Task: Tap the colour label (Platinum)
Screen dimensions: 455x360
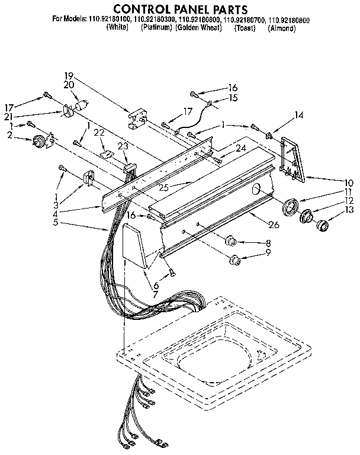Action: (x=156, y=28)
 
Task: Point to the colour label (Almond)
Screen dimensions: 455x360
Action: (x=281, y=28)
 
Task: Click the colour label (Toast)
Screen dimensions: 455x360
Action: (x=245, y=28)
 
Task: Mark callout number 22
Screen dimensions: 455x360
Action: (x=99, y=132)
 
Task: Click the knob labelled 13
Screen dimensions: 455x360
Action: (x=323, y=225)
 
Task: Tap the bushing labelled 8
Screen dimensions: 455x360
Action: (x=231, y=241)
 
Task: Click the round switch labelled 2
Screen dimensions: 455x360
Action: (x=40, y=141)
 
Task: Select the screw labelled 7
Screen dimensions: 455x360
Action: (x=172, y=273)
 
